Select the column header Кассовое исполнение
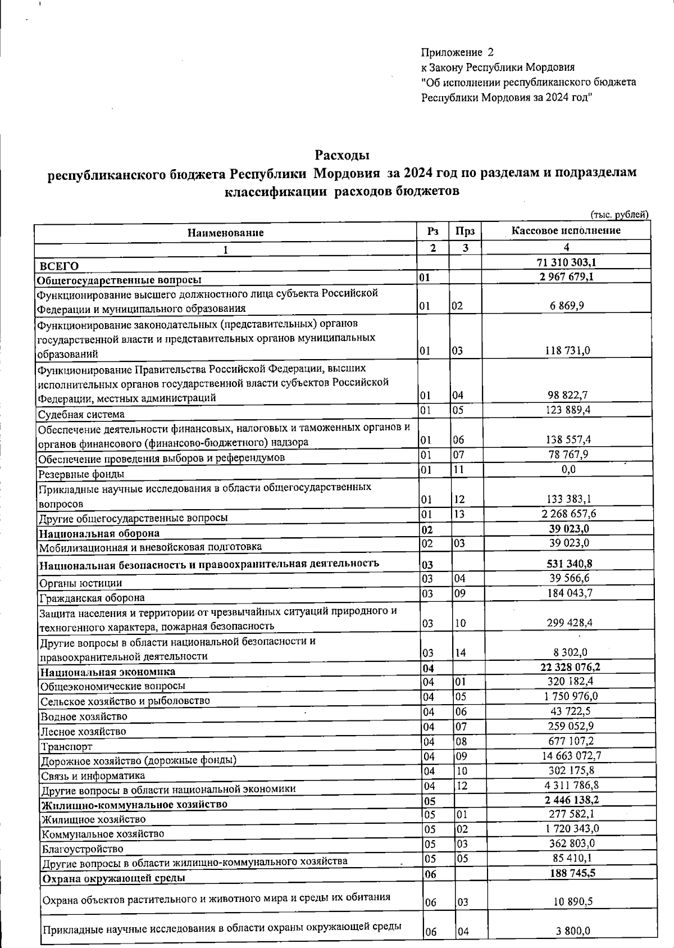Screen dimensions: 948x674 (x=566, y=230)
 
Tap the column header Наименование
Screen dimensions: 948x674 (x=225, y=232)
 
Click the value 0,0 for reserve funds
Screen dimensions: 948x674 (x=568, y=470)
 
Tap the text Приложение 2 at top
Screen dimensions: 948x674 (x=457, y=53)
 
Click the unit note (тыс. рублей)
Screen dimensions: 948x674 (x=619, y=214)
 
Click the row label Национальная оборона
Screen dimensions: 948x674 (x=99, y=533)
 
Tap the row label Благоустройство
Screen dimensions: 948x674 (x=83, y=849)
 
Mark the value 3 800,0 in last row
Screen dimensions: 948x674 (x=573, y=931)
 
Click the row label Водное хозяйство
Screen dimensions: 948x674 (x=83, y=716)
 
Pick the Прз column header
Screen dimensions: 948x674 (x=464, y=231)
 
